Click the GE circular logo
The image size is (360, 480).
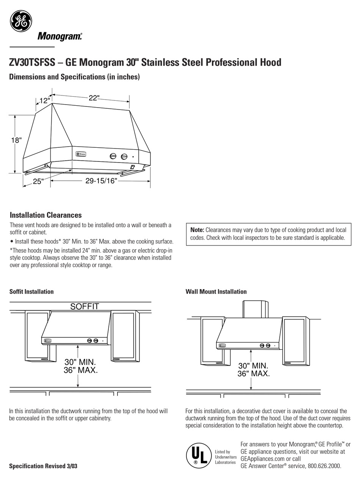point(21,21)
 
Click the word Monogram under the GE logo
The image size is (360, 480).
point(59,36)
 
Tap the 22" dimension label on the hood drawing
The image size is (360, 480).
point(94,98)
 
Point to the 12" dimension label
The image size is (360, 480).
point(44,100)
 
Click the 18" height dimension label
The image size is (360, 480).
point(16,140)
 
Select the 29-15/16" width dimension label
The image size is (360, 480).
point(101,181)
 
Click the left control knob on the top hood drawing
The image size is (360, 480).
point(113,156)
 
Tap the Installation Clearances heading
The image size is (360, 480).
point(45,215)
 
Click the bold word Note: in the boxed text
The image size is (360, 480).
point(197,230)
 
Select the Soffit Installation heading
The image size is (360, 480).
point(31,291)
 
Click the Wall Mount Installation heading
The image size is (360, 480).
point(216,291)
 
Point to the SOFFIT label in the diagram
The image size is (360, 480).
point(85,306)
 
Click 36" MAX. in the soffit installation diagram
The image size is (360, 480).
point(81,370)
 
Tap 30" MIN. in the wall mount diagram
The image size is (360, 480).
point(253,366)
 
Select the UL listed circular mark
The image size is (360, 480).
point(198,455)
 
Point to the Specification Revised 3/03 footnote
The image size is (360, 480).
point(43,466)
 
